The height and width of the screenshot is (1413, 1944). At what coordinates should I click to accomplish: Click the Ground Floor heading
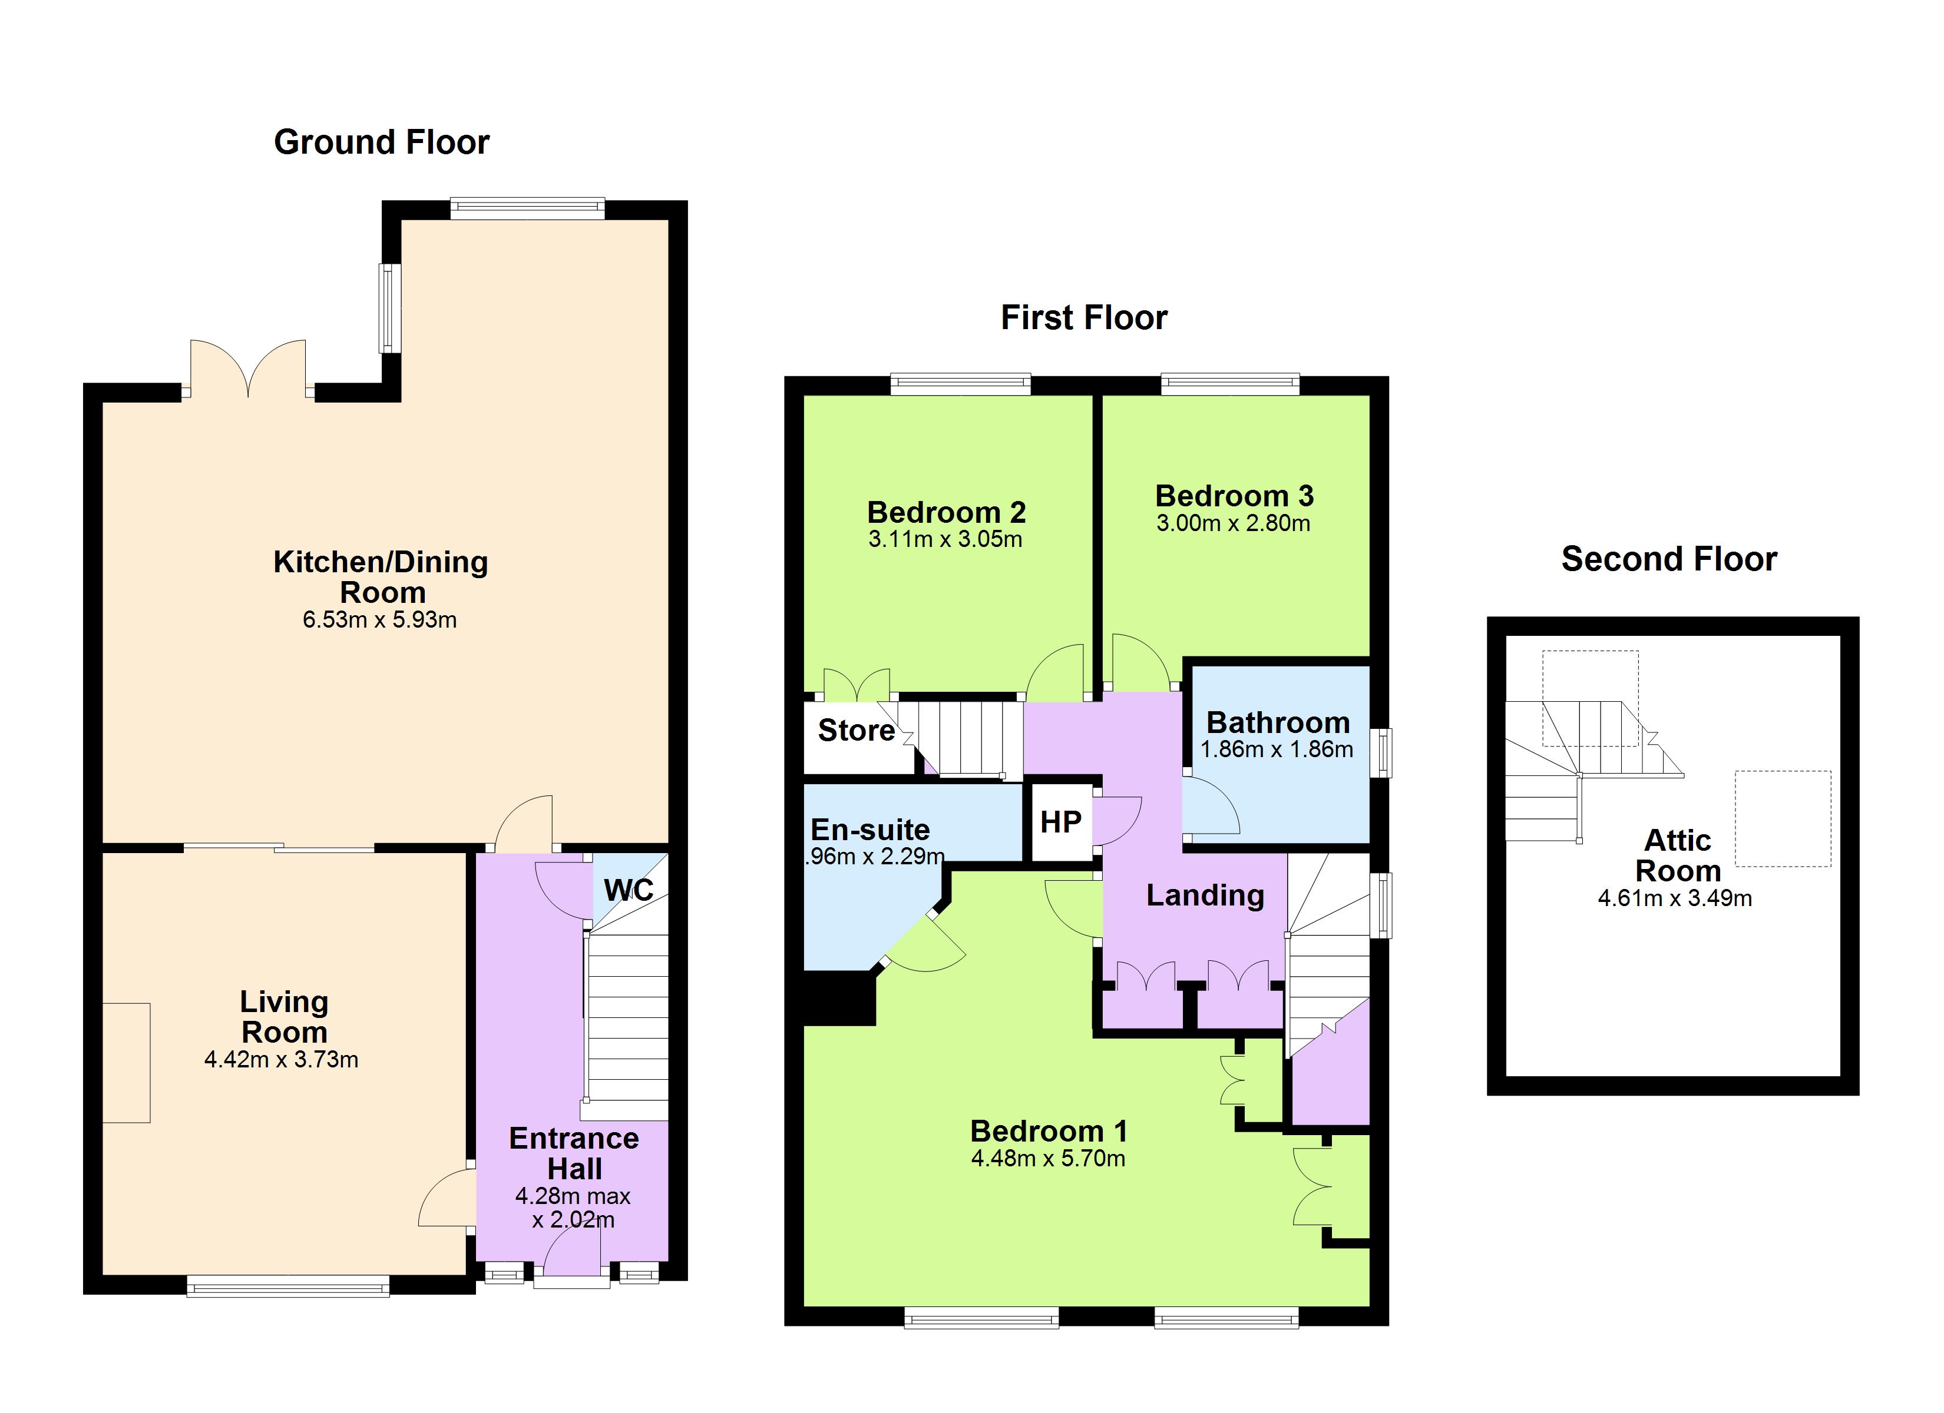point(381,142)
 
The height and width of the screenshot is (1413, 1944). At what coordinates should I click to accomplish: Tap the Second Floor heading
point(1669,559)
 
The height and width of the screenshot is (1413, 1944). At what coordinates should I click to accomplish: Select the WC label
point(629,890)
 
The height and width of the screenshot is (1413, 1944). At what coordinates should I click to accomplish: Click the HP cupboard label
point(1060,822)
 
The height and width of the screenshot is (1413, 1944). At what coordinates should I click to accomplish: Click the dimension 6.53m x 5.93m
point(380,619)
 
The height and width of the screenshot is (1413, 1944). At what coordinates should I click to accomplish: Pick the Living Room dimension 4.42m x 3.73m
point(281,1060)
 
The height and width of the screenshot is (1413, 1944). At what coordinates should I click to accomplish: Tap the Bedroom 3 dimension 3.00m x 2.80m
point(1234,523)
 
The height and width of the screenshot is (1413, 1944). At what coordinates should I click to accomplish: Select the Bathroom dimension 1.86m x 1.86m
point(1277,749)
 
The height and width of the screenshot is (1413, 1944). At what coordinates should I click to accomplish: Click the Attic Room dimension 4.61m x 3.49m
point(1675,899)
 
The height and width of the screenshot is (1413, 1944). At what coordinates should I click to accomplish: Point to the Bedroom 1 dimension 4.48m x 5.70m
point(1048,1159)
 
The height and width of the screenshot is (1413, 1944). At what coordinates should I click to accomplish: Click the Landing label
point(1205,895)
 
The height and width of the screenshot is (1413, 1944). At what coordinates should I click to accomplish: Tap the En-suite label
point(870,830)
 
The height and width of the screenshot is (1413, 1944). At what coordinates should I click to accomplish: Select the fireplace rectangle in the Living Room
point(127,1063)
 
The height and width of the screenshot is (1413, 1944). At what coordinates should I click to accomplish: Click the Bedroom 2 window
point(960,384)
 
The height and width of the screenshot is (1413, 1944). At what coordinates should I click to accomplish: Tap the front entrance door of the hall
point(572,1265)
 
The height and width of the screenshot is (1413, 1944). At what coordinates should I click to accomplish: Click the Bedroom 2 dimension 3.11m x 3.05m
point(945,540)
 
